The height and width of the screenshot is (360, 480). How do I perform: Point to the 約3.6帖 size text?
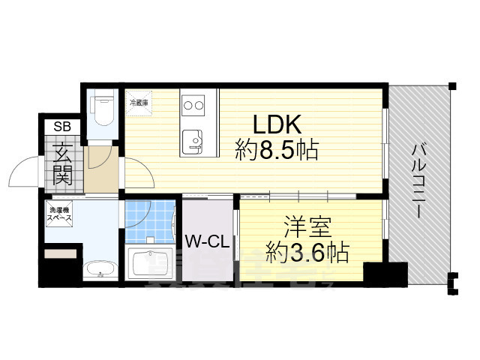coord(307,253)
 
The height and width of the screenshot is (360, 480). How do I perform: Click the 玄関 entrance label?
coord(61,165)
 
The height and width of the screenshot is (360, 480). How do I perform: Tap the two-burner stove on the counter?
coord(193,105)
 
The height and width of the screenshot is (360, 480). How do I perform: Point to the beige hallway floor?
coord(101,169)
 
